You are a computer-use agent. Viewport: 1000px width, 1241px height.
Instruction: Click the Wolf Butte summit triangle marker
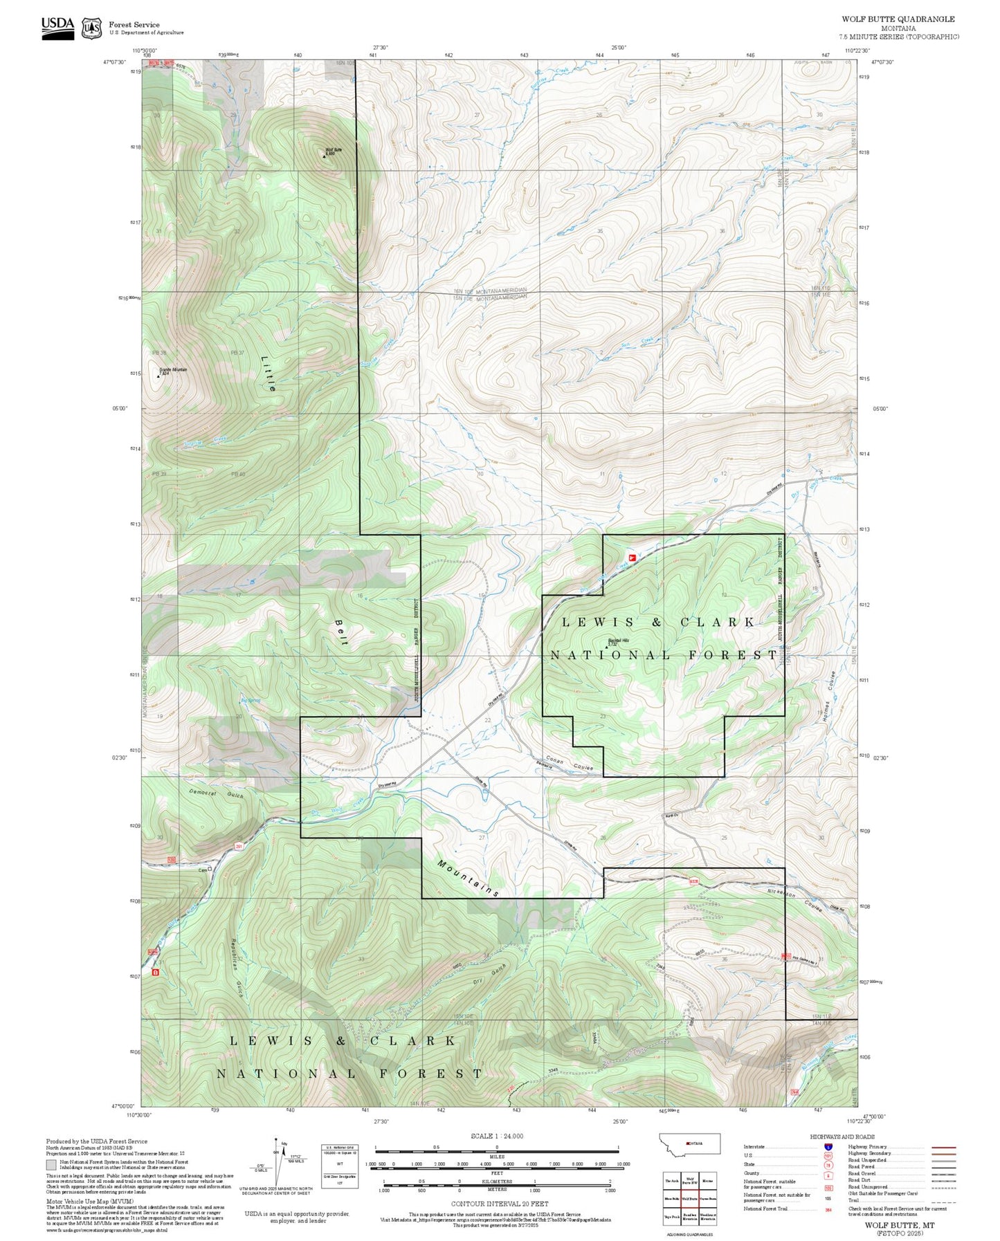coord(325,156)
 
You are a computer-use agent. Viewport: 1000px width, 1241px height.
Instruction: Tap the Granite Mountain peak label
coord(173,370)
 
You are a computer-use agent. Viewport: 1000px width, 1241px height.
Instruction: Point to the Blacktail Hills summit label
coord(619,641)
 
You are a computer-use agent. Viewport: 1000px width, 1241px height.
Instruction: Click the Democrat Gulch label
coord(217,793)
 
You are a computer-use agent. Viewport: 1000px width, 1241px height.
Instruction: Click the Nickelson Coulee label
coord(795,900)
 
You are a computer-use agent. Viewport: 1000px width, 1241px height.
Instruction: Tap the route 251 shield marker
coord(239,846)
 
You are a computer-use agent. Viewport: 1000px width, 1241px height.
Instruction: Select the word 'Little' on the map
coord(269,374)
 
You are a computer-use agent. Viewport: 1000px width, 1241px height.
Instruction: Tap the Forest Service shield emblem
coord(91,28)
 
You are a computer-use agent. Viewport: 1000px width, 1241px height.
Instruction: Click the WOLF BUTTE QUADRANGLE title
coord(898,19)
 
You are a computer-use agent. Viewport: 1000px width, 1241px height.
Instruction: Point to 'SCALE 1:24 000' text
coord(496,1136)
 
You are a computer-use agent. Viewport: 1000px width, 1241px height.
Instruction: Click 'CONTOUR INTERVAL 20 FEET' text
coord(498,1204)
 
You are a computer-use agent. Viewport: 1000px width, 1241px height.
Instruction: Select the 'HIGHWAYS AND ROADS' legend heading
coord(842,1137)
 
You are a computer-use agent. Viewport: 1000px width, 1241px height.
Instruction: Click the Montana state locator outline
coord(691,1143)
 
